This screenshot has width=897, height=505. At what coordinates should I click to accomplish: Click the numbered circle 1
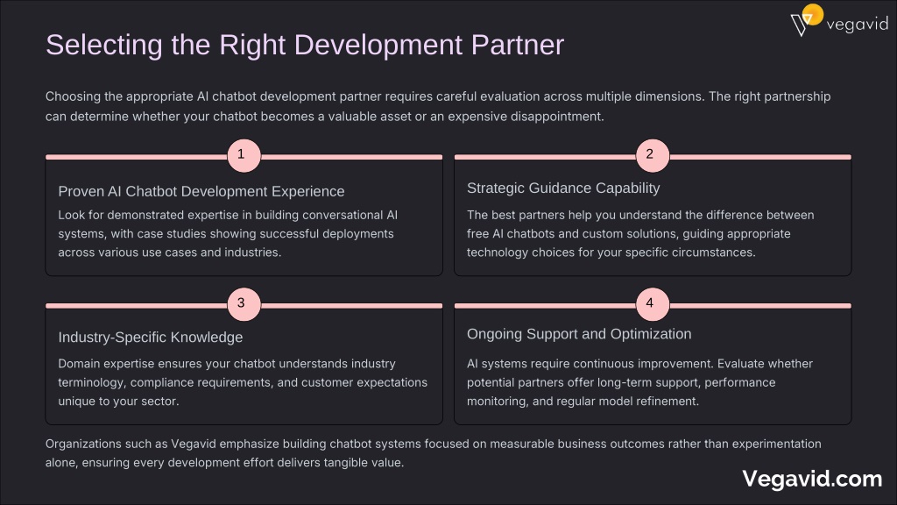tap(244, 156)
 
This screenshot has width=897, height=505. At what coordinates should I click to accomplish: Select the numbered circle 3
tap(244, 304)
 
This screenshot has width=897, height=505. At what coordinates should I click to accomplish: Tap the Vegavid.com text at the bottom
tap(812, 479)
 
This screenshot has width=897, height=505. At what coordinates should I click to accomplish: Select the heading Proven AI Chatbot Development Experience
tap(201, 191)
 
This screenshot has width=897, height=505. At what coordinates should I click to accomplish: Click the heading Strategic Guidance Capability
tap(563, 188)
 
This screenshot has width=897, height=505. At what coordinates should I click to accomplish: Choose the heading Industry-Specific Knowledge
tap(151, 338)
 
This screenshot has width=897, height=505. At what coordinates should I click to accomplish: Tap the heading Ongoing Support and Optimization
tap(579, 334)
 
